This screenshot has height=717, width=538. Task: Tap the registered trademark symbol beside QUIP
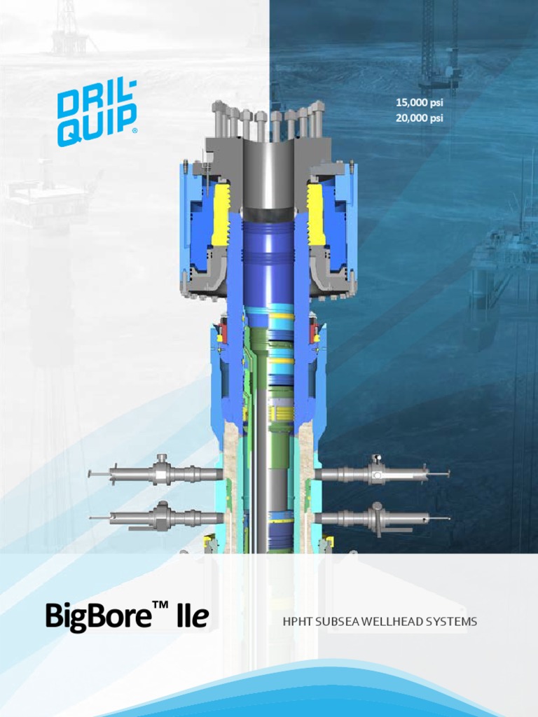pyautogui.click(x=134, y=130)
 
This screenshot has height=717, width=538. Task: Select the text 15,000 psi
pyautogui.click(x=420, y=103)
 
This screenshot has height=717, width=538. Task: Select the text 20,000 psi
pyautogui.click(x=420, y=118)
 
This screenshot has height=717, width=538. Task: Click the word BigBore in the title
pyautogui.click(x=98, y=617)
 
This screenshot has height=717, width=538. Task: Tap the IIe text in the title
pyautogui.click(x=193, y=617)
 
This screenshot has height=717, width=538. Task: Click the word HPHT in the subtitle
pyautogui.click(x=297, y=622)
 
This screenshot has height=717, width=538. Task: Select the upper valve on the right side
pyautogui.click(x=377, y=474)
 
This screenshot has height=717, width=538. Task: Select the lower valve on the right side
pyautogui.click(x=377, y=517)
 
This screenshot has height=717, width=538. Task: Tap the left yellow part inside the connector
pyautogui.click(x=221, y=214)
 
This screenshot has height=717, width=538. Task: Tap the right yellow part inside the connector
pyautogui.click(x=316, y=214)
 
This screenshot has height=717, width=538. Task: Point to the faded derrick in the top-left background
pyautogui.click(x=67, y=28)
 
